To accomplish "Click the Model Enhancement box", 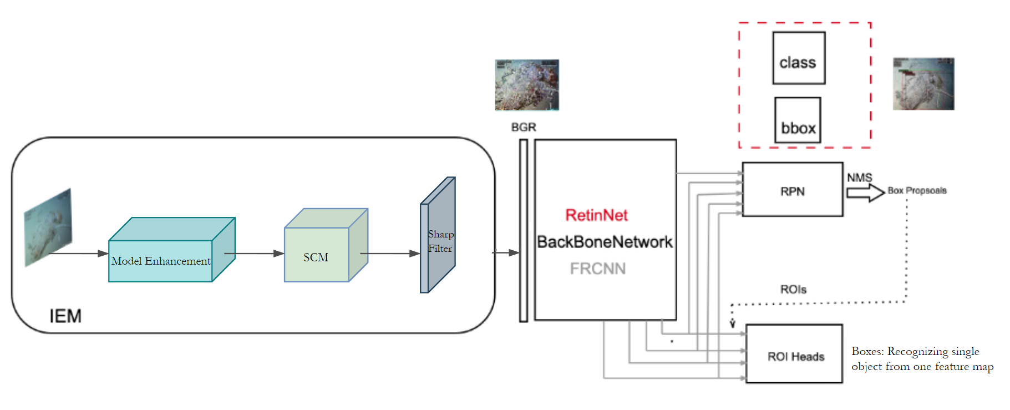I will [x=161, y=260].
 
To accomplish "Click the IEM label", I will [x=65, y=316].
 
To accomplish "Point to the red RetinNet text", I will [x=596, y=215].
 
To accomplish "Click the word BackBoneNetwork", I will [x=605, y=242].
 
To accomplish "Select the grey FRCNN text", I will [x=597, y=269].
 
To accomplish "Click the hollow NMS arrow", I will [x=865, y=193].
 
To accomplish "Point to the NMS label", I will [x=859, y=178].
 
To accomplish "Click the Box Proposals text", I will [x=917, y=190].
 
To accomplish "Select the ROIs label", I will [x=793, y=290].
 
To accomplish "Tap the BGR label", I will [x=523, y=127].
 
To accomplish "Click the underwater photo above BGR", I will [x=526, y=85].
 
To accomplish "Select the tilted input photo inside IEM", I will [x=48, y=227].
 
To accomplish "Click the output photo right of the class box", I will [x=923, y=84].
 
